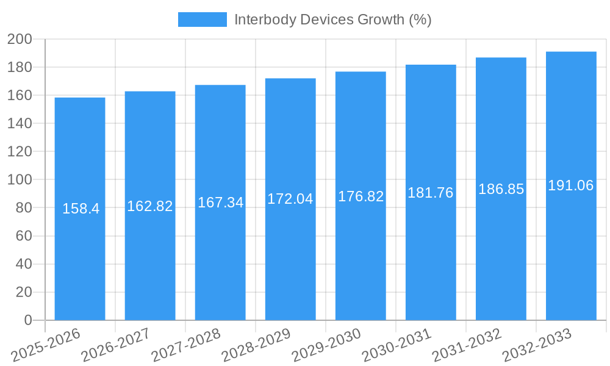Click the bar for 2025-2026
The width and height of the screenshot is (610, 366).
point(80,244)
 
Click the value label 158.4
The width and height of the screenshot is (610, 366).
point(81,209)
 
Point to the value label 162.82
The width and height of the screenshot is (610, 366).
point(150,206)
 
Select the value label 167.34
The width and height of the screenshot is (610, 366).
point(220,203)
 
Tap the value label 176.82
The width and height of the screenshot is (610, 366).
point(361,196)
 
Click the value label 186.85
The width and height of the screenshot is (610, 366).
point(501,189)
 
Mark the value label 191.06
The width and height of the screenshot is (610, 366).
point(571,185)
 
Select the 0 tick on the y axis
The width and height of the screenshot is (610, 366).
point(27,320)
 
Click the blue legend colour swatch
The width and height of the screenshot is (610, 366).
point(202,20)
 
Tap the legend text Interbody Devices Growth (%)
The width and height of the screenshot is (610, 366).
point(332,20)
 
